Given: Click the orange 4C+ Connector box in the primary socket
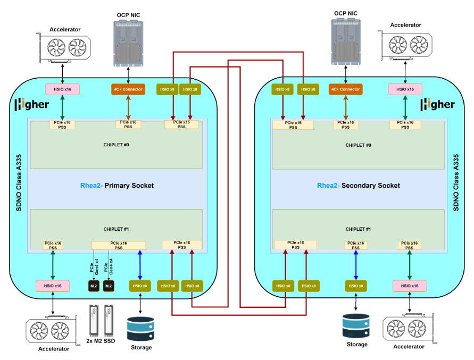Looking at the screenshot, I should pyautogui.click(x=128, y=89).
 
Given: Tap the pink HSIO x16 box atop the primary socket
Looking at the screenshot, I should pyautogui.click(x=63, y=89).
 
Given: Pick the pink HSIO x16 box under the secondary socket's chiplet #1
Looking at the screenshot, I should pyautogui.click(x=409, y=286).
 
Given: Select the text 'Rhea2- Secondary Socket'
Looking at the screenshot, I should pyautogui.click(x=358, y=186).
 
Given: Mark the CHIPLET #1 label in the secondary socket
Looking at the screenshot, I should pyautogui.click(x=359, y=229).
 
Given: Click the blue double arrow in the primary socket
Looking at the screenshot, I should pyautogui.click(x=140, y=264).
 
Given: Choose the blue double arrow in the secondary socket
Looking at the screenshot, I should pyautogui.click(x=355, y=264).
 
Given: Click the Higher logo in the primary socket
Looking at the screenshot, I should pyautogui.click(x=31, y=104).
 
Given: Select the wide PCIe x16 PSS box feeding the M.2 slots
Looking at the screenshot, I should pyautogui.click(x=119, y=245).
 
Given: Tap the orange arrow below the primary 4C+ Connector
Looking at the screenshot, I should pyautogui.click(x=128, y=108).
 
